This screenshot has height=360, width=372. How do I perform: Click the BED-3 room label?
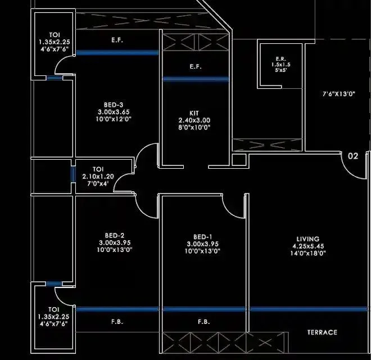[x=114, y=105]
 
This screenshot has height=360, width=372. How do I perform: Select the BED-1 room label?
[x=202, y=236]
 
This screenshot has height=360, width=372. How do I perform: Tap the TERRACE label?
[x=322, y=332]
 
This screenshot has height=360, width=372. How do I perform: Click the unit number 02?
[x=353, y=156]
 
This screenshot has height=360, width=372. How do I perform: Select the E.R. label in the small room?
[x=281, y=58]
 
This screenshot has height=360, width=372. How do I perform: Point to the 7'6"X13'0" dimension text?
[x=338, y=94]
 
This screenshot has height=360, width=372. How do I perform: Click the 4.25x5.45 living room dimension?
[x=309, y=246]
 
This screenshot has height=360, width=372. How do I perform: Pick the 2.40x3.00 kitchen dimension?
[x=194, y=120]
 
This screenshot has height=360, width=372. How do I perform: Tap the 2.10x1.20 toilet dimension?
[x=98, y=176]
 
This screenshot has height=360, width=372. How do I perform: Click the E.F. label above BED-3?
[x=117, y=40]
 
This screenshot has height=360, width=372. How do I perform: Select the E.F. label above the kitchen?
[x=196, y=67]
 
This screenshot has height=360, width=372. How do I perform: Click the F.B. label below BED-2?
[x=117, y=322]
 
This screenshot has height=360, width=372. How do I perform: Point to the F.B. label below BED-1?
[x=203, y=322]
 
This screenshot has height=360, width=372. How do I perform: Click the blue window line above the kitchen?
[x=196, y=79]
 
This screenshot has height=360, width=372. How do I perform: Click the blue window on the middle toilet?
[x=73, y=172]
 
